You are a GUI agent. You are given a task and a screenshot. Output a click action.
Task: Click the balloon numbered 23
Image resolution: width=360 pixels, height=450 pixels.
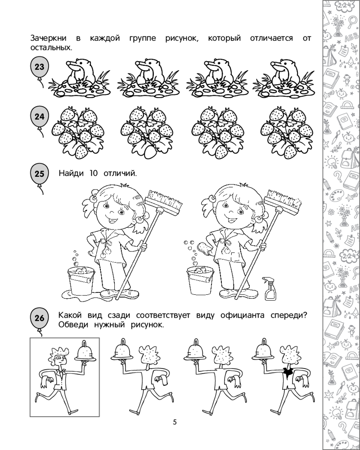click(x=39, y=67)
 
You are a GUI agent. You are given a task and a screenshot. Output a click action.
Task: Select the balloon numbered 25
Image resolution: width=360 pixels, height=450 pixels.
click(x=39, y=174)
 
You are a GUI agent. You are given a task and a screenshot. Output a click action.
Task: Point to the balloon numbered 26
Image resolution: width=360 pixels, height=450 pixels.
click(x=39, y=318)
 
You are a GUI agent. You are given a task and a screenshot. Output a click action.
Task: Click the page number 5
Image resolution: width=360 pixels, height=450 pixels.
click(x=175, y=422)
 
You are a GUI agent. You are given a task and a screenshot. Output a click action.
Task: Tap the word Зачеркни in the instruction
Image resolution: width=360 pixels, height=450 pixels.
click(x=49, y=38)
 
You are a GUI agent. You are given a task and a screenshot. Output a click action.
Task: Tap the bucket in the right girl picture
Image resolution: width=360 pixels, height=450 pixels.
click(x=200, y=280)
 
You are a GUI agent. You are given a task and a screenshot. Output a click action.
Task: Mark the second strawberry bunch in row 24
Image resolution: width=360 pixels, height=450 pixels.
click(x=147, y=132)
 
